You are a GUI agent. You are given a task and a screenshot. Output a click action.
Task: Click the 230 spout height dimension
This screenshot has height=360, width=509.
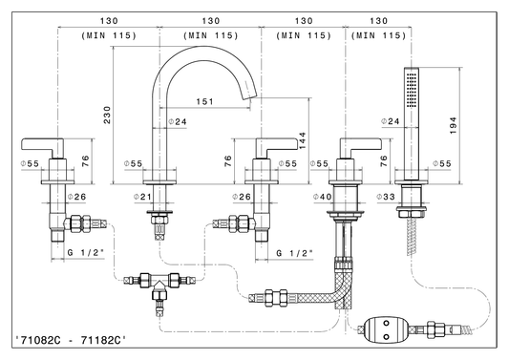tap(107, 115)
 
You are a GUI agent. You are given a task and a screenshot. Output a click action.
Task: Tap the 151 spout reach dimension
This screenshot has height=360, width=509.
tap(204, 101)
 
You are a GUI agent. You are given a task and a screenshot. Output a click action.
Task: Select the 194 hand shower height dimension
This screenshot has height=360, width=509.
tap(454, 126)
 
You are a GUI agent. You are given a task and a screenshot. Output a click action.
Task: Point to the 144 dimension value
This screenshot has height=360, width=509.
tap(302, 140)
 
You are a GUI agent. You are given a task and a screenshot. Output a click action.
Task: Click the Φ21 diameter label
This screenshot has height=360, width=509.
tap(143, 197)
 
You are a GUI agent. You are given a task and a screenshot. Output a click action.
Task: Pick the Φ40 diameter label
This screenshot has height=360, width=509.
tap(323, 197)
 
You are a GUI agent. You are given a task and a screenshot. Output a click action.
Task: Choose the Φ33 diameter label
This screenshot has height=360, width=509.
tap(386, 197)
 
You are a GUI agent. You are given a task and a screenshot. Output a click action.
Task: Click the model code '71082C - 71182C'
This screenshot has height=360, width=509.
tap(71, 340)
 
